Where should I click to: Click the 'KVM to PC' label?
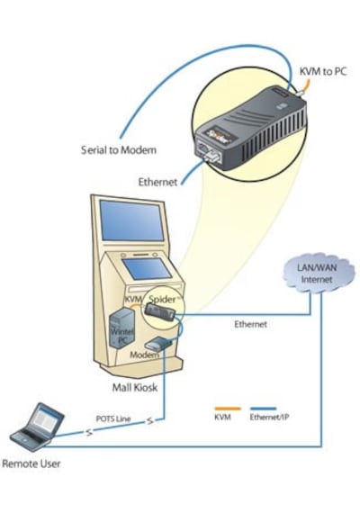coord(323,72)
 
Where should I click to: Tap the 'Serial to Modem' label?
coord(119,150)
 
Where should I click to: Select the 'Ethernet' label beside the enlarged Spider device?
coord(157,182)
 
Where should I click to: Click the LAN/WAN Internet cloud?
coord(318,273)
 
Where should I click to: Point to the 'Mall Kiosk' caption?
coord(134,388)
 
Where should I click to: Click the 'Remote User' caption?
coord(31,463)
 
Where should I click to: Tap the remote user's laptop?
coord(37,427)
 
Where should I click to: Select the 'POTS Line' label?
coord(113,418)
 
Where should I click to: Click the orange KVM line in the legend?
coord(228,409)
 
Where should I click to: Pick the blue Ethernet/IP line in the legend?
coord(263,409)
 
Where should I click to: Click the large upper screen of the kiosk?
coord(131,220)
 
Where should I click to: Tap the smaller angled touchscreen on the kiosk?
coord(147,268)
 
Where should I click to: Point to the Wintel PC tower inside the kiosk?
coord(121,328)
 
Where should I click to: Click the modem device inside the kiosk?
coord(158,344)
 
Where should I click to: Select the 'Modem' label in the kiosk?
coord(144,355)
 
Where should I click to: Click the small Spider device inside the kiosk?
coord(159,312)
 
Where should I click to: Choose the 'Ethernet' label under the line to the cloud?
coord(250,324)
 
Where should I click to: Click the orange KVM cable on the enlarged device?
coord(303,86)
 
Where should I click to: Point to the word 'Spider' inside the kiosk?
coord(162,299)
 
